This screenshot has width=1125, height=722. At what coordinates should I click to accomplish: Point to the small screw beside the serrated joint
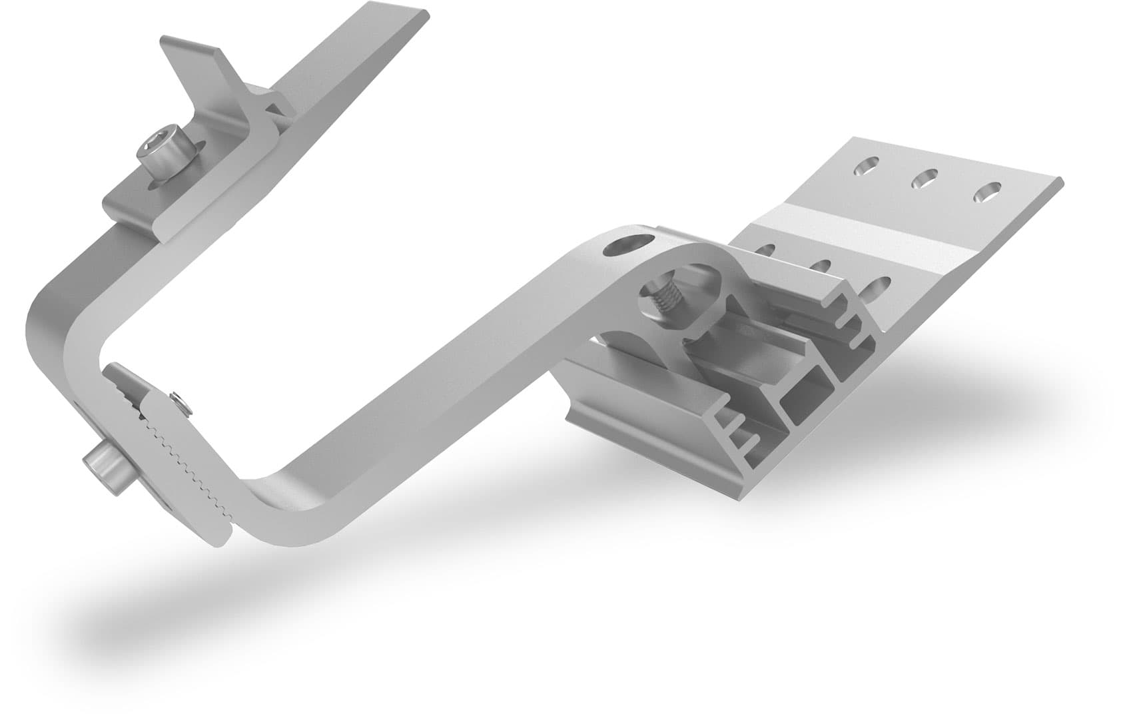coord(178,400)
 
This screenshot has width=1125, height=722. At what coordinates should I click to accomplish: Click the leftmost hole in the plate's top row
coord(866,167)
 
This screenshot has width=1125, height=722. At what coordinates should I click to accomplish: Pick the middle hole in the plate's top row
coord(924,178)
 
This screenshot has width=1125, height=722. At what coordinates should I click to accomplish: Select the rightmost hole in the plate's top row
coord(986,192)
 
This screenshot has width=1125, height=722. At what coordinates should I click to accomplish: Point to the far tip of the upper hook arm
coord(413,17)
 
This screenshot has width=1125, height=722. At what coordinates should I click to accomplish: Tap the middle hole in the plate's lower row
coord(823,266)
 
